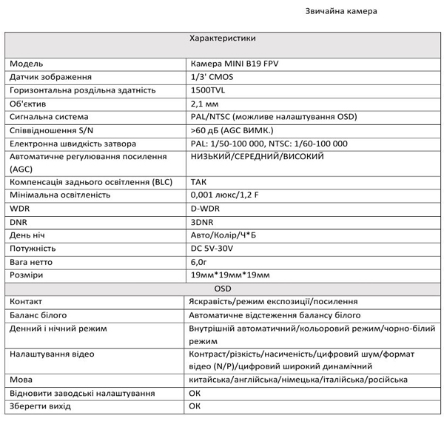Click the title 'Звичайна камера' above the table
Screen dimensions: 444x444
(x=341, y=11)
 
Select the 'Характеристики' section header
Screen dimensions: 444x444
(x=222, y=38)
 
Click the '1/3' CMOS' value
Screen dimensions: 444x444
(x=212, y=77)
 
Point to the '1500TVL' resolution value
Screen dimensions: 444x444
(x=209, y=90)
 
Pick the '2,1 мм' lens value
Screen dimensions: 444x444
(x=205, y=104)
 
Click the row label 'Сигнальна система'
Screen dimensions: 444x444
(x=49, y=117)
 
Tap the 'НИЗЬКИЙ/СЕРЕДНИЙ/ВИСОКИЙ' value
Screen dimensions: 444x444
(x=257, y=157)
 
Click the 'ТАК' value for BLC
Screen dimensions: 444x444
(x=198, y=181)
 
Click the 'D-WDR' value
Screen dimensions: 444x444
(x=206, y=208)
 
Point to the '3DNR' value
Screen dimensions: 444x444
(x=202, y=221)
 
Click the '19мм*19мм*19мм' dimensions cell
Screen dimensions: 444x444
(x=230, y=275)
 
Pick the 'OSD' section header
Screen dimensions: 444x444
(x=222, y=288)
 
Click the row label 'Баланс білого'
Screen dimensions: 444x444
(x=38, y=314)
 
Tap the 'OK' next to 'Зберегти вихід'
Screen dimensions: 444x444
(x=195, y=406)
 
